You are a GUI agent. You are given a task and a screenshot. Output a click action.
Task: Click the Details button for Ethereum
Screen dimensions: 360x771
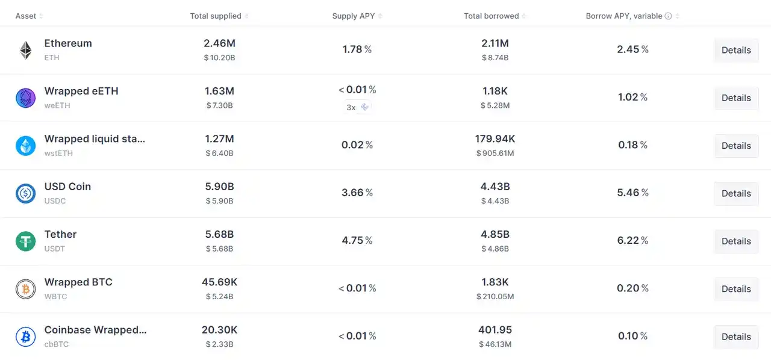[x=735, y=50]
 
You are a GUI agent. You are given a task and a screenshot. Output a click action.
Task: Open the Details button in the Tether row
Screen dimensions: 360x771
[x=735, y=241]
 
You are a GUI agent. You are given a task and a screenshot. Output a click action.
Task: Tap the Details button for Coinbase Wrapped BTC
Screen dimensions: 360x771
[x=735, y=337]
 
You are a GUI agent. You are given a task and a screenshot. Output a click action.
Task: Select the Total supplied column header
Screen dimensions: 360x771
[x=216, y=16]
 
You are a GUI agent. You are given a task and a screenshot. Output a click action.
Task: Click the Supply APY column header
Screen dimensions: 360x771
[x=354, y=16]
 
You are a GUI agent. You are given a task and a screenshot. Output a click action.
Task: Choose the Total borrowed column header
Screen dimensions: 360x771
[x=491, y=16]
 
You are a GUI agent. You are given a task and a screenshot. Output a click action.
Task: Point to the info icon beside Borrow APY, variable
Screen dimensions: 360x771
[x=668, y=16]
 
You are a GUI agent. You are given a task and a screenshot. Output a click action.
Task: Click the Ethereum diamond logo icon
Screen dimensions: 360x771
[x=25, y=50]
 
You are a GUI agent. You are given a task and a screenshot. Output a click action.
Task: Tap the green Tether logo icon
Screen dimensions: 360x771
[x=25, y=241]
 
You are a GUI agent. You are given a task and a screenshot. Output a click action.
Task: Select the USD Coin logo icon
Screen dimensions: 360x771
[x=25, y=193]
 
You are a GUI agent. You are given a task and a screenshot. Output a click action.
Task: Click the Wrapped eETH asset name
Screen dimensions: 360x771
[x=81, y=91]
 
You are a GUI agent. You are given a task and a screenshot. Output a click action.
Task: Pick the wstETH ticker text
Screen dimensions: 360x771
[x=58, y=154]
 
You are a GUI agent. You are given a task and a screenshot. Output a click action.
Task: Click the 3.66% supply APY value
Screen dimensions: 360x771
[x=357, y=193]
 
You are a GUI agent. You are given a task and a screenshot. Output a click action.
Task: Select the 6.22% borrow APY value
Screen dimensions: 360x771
[x=632, y=240]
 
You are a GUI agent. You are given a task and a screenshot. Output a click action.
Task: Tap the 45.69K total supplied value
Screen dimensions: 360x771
[x=219, y=282]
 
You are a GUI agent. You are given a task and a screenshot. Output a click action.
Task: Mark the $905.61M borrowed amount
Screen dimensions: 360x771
[x=495, y=154]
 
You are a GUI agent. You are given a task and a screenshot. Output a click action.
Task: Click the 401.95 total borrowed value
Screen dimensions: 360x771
[x=495, y=330]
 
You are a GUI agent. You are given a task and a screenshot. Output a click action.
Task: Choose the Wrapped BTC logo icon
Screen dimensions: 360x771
[x=25, y=289]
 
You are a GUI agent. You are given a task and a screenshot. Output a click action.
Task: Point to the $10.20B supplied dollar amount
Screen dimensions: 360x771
[x=219, y=58]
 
